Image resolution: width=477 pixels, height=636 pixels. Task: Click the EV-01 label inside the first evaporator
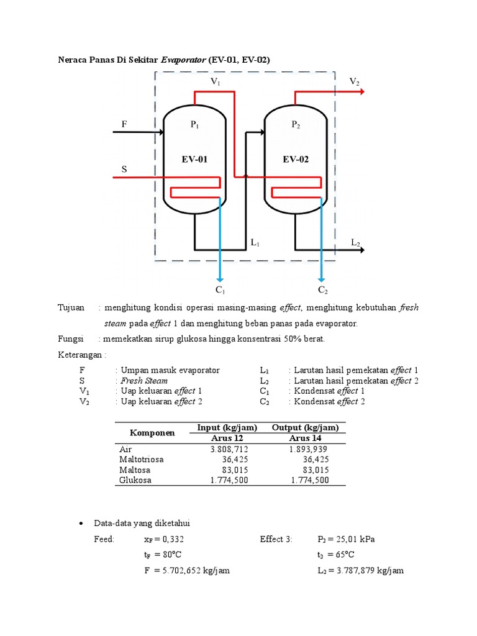194,160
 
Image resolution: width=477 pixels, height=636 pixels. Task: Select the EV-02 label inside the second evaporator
296,160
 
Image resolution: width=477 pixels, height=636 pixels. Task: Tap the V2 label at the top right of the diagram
354,81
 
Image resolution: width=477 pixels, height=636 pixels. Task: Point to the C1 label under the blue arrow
220,289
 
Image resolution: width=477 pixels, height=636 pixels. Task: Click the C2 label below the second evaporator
322,289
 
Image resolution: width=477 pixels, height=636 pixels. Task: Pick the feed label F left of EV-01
124,124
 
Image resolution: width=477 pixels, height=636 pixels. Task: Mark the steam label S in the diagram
123,168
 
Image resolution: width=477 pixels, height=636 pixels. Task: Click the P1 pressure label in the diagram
194,125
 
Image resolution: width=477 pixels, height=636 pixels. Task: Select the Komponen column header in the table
152,432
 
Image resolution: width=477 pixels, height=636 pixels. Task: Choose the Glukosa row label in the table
135,479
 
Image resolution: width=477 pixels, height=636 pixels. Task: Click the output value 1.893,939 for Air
309,449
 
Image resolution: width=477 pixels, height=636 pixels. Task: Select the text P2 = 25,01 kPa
345,539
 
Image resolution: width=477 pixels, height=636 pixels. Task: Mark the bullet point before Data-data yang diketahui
81,524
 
